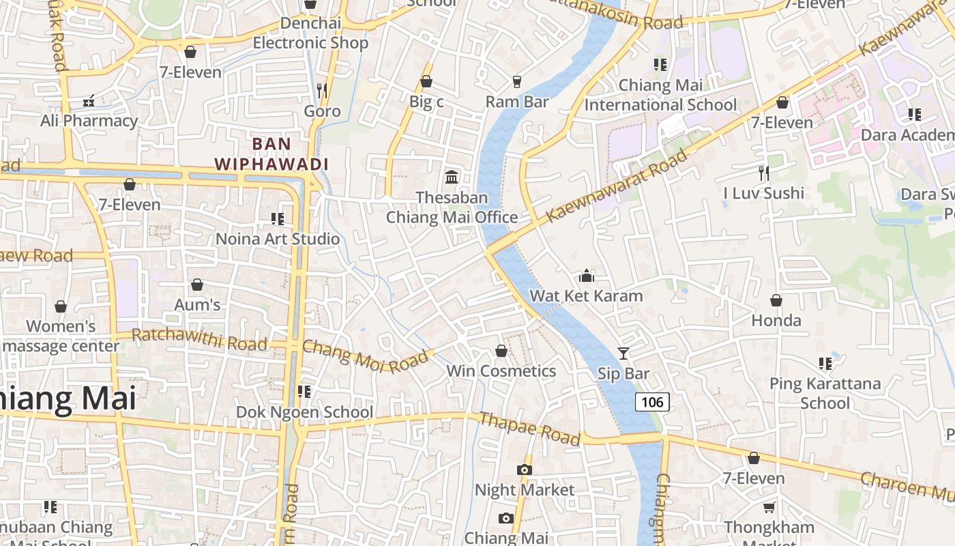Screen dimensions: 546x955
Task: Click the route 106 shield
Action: click(652, 402)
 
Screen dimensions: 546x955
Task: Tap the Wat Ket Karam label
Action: click(586, 296)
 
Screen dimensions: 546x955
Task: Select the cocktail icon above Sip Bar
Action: click(623, 353)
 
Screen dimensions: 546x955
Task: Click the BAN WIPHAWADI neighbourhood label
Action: click(271, 154)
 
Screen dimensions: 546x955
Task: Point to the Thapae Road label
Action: click(529, 428)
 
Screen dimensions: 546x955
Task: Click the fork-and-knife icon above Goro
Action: click(322, 90)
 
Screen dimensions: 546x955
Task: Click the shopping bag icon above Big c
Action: click(426, 82)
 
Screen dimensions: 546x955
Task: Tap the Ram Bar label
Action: click(517, 102)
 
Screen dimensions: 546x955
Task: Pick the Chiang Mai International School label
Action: click(660, 95)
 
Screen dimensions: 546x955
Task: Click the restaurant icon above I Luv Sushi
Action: click(764, 173)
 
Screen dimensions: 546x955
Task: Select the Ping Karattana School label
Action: click(825, 393)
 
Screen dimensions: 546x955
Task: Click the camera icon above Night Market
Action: click(524, 470)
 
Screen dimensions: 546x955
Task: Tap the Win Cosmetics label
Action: click(501, 371)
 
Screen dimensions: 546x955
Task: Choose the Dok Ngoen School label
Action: click(304, 412)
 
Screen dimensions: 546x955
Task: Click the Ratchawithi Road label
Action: click(199, 339)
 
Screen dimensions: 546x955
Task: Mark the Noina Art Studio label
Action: click(277, 239)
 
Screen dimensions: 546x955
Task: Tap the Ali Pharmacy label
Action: click(89, 121)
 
